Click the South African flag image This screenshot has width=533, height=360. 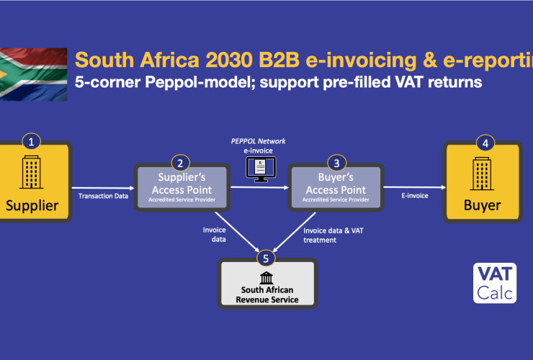[x=33, y=74]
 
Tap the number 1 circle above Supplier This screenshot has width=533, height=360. [x=31, y=142]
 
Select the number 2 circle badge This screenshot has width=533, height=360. [x=180, y=163]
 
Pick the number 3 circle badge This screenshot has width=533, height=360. [x=336, y=163]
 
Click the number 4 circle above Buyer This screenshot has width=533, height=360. [x=485, y=143]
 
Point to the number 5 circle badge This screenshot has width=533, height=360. [x=266, y=258]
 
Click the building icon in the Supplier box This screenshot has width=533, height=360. [x=31, y=172]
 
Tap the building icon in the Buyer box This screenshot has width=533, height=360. [x=482, y=174]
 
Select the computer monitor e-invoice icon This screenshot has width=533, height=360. [x=261, y=169]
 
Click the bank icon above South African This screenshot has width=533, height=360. [x=266, y=278]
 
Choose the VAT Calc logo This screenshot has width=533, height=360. [x=495, y=283]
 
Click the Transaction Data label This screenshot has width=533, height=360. [x=103, y=196]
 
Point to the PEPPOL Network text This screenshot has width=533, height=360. [x=259, y=141]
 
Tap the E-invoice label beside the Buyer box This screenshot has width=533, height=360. [x=415, y=195]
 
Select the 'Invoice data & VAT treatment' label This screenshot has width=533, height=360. [x=333, y=235]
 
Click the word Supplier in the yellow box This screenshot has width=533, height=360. [x=32, y=206]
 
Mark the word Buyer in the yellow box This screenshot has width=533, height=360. [x=483, y=205]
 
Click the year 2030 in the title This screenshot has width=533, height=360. [x=229, y=60]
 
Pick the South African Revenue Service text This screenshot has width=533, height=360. [x=267, y=294]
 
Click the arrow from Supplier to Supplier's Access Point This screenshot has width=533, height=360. [x=103, y=188]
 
